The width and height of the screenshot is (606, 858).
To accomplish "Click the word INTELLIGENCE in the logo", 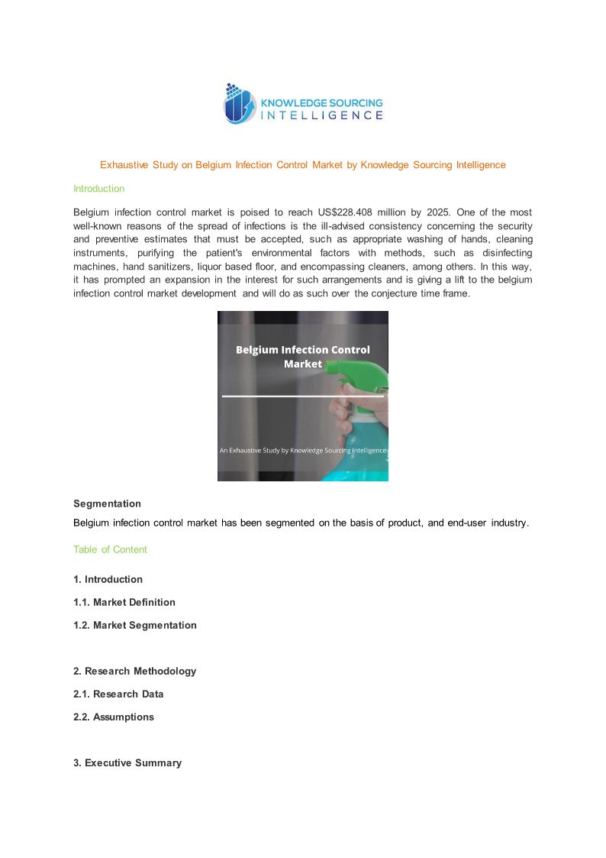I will point(322,115).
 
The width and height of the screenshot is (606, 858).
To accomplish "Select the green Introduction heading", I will point(98,189).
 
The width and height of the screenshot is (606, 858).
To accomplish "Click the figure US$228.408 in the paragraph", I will point(358,212).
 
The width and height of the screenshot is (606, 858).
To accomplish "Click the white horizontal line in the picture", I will point(302,397).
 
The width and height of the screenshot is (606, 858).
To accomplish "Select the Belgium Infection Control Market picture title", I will point(303,357).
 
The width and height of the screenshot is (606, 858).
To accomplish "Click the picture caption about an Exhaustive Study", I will point(303,451).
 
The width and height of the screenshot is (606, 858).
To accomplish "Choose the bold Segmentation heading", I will point(107,504).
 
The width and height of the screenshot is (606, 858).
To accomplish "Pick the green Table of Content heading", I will point(110,550).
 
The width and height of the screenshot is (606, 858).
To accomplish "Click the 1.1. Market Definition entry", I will point(124,603).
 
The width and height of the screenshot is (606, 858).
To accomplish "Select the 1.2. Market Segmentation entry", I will point(135,626).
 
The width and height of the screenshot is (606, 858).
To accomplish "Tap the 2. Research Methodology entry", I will point(134,672).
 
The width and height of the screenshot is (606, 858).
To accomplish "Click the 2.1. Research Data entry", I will point(118,694).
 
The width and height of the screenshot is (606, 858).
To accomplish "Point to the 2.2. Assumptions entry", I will point(114,717).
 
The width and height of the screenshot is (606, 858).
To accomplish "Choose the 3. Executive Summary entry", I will point(127,763).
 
